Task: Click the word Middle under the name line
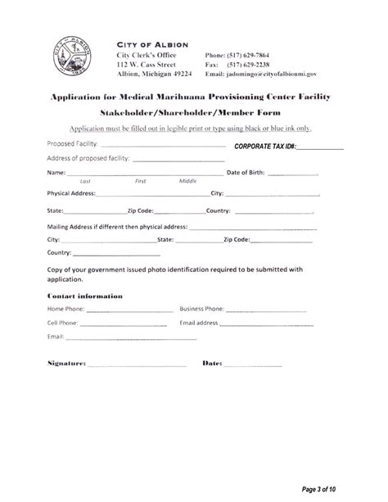coord(176,181)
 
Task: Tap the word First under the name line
coord(140,181)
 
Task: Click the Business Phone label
coord(202,310)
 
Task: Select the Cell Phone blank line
coord(123,323)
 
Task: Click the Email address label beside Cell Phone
coord(200,323)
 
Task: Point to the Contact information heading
coord(85,295)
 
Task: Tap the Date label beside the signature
coord(212,362)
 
